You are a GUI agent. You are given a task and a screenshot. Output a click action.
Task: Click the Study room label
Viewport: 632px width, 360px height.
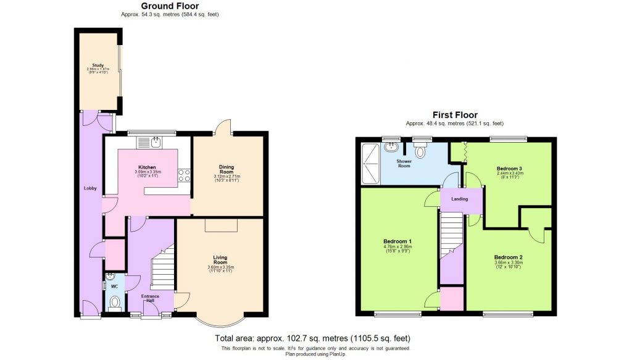[x=97, y=64]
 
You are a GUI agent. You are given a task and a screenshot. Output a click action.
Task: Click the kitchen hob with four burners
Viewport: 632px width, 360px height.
[x=184, y=175]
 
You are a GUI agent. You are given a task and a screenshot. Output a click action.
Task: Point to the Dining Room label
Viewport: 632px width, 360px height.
[x=226, y=169]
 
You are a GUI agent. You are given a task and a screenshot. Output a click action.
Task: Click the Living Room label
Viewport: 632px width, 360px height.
[x=221, y=260]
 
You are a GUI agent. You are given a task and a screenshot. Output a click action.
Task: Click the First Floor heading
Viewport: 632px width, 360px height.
[x=455, y=115]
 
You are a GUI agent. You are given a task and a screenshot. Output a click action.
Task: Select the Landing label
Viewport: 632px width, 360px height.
[x=459, y=199]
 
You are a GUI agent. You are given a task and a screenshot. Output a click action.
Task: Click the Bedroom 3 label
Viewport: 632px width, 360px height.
[x=510, y=167]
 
